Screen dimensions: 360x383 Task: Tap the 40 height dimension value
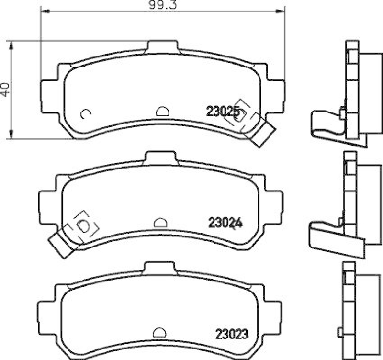pos(5,90)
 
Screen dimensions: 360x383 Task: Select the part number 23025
pos(223,112)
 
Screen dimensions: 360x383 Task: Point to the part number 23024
pos(225,222)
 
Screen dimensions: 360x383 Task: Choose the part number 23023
pos(231,333)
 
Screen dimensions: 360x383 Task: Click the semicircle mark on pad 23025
pos(162,111)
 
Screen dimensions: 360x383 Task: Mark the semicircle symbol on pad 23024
pos(160,222)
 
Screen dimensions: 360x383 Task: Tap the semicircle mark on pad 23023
pos(159,332)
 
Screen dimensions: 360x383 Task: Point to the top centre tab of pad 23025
pos(162,47)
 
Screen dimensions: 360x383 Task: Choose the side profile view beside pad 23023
pos(356,310)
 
